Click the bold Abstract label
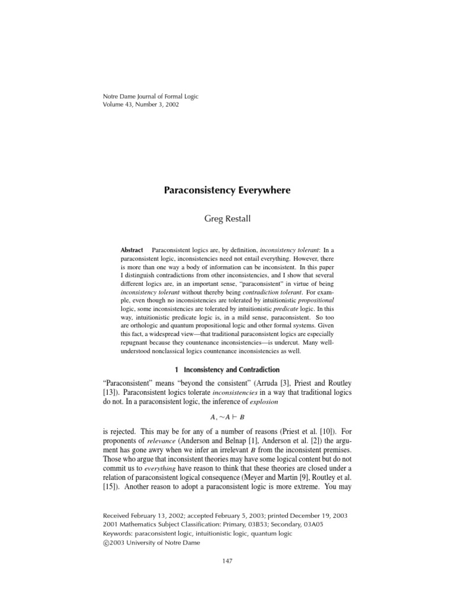point(132,250)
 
